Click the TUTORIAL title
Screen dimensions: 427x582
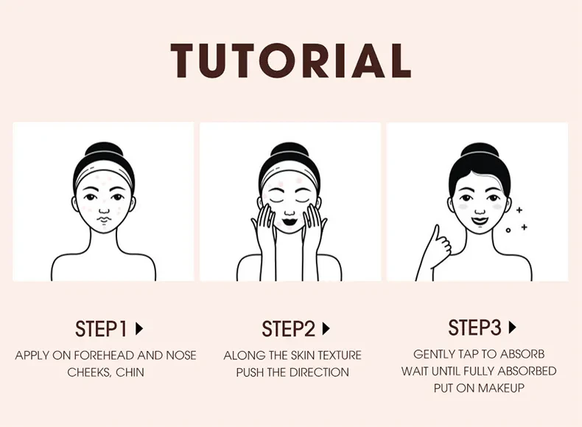pyautogui.click(x=291, y=60)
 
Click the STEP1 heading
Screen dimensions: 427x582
pyautogui.click(x=101, y=328)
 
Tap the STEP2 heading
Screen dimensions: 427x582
pyautogui.click(x=287, y=328)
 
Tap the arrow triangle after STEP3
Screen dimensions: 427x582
pyautogui.click(x=513, y=327)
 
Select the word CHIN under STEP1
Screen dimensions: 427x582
pyautogui.click(x=130, y=372)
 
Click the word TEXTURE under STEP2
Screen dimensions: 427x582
pyautogui.click(x=338, y=355)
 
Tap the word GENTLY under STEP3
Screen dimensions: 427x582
pyautogui.click(x=435, y=355)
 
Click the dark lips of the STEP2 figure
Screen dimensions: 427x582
pyautogui.click(x=290, y=219)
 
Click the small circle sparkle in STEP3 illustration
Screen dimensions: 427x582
pyautogui.click(x=508, y=230)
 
